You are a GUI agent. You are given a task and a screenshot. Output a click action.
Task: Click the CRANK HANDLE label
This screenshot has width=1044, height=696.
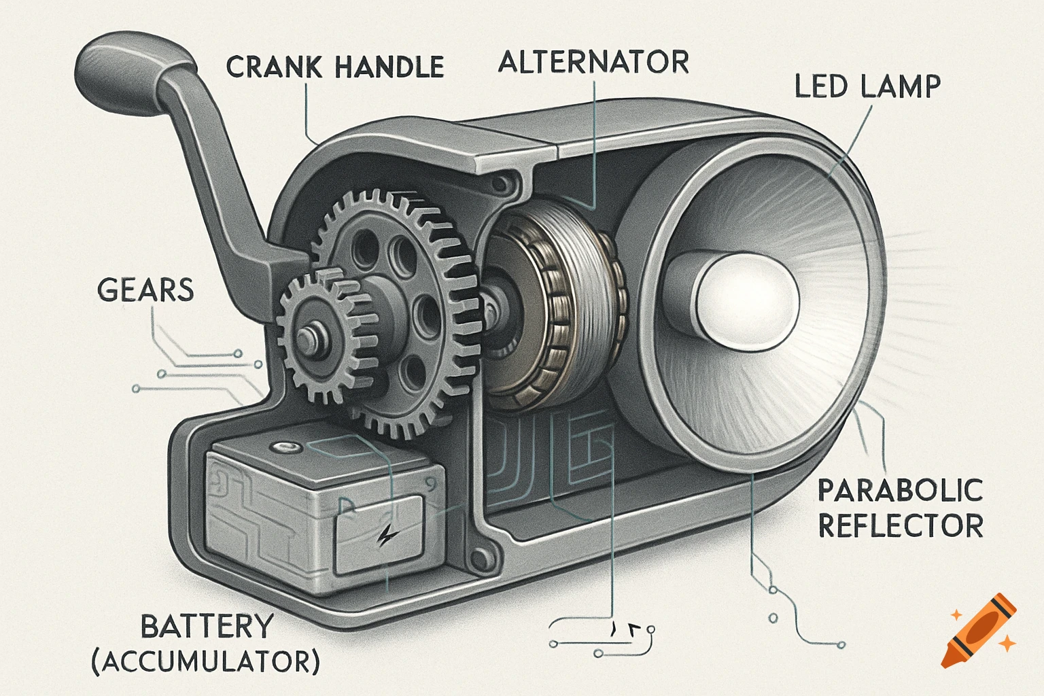coord(334,67)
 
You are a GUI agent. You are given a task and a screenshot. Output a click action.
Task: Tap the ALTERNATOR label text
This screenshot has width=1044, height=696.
coord(593,62)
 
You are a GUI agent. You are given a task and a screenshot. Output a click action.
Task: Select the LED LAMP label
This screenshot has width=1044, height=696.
coord(868,86)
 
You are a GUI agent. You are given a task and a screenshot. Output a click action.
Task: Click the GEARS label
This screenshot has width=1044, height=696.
coord(145,290)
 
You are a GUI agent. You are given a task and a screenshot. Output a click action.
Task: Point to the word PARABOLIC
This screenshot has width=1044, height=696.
coord(900,491)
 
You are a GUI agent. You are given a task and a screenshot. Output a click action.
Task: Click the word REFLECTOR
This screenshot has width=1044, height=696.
coord(900,526)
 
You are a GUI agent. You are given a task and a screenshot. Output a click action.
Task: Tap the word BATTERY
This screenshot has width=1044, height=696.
coord(207,627)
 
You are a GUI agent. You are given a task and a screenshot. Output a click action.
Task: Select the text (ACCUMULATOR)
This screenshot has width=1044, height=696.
coord(206,661)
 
